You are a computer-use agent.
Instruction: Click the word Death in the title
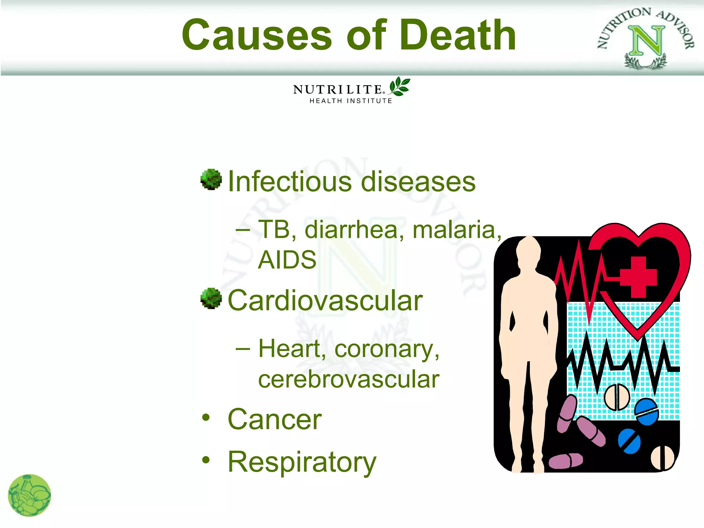458,35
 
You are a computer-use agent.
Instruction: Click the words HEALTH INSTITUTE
351,101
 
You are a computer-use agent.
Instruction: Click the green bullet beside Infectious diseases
211,179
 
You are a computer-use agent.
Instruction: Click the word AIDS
287,260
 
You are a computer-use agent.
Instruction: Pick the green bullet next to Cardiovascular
211,298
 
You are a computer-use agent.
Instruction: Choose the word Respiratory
302,462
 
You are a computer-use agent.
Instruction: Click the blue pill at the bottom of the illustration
629,441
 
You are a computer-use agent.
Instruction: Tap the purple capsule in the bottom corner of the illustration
566,461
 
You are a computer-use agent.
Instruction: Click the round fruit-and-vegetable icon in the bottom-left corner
30,495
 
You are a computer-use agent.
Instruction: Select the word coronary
387,349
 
